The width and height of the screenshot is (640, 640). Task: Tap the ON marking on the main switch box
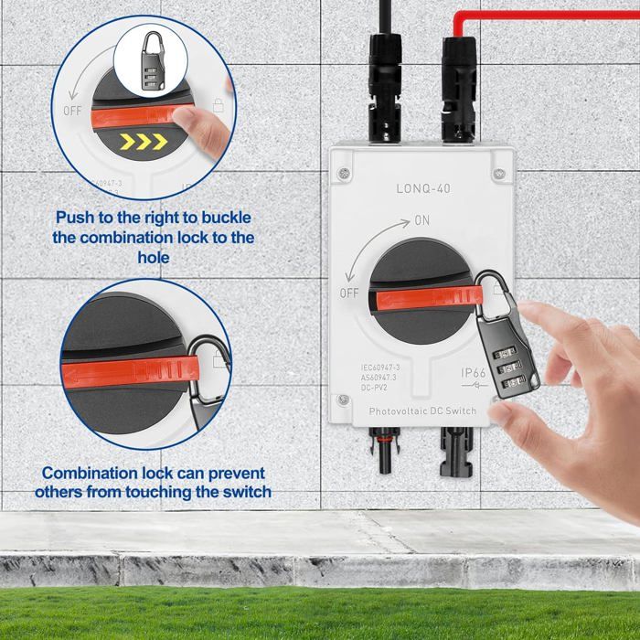click(421, 220)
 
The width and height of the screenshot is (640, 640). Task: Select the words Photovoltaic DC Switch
click(422, 411)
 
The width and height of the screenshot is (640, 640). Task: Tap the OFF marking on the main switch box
click(349, 293)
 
